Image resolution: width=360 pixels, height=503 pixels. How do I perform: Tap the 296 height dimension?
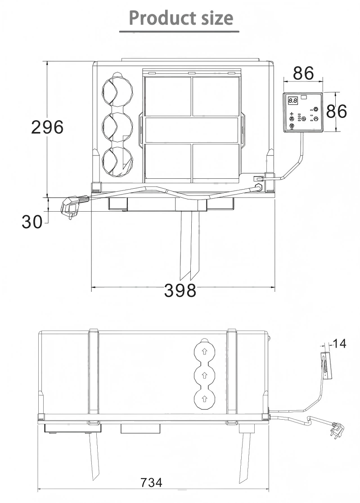pos(47,127)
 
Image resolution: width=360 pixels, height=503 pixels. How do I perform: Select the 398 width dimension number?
pos(180,290)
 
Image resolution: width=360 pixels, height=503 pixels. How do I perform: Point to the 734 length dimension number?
pos(151,483)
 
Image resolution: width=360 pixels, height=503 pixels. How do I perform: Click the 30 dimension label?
pos(31,222)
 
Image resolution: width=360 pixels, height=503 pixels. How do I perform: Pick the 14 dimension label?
pos(340,344)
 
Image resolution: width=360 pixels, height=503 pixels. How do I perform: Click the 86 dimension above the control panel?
pos(303,73)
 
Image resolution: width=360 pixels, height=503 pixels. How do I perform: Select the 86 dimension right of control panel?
pos(337,111)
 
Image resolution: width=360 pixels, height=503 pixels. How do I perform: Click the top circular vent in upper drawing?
pos(117,91)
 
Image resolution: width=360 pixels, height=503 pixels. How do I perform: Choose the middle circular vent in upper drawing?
pos(117,127)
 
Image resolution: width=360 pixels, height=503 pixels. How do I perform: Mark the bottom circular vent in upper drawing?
pos(117,161)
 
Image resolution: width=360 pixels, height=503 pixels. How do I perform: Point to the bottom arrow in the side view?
pos(204,398)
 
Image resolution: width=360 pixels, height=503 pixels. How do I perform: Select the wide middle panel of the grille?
pos(192,130)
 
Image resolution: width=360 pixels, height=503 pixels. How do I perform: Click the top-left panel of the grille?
pos(167,96)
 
